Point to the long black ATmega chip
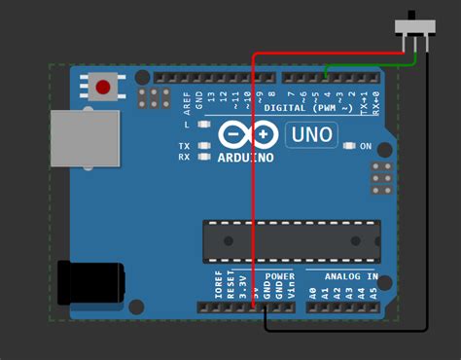289,241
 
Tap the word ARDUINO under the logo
246,157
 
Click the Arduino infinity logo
244,135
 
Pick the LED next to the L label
204,125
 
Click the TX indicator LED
204,146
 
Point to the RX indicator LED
204,156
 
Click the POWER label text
279,277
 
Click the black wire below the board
350,330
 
